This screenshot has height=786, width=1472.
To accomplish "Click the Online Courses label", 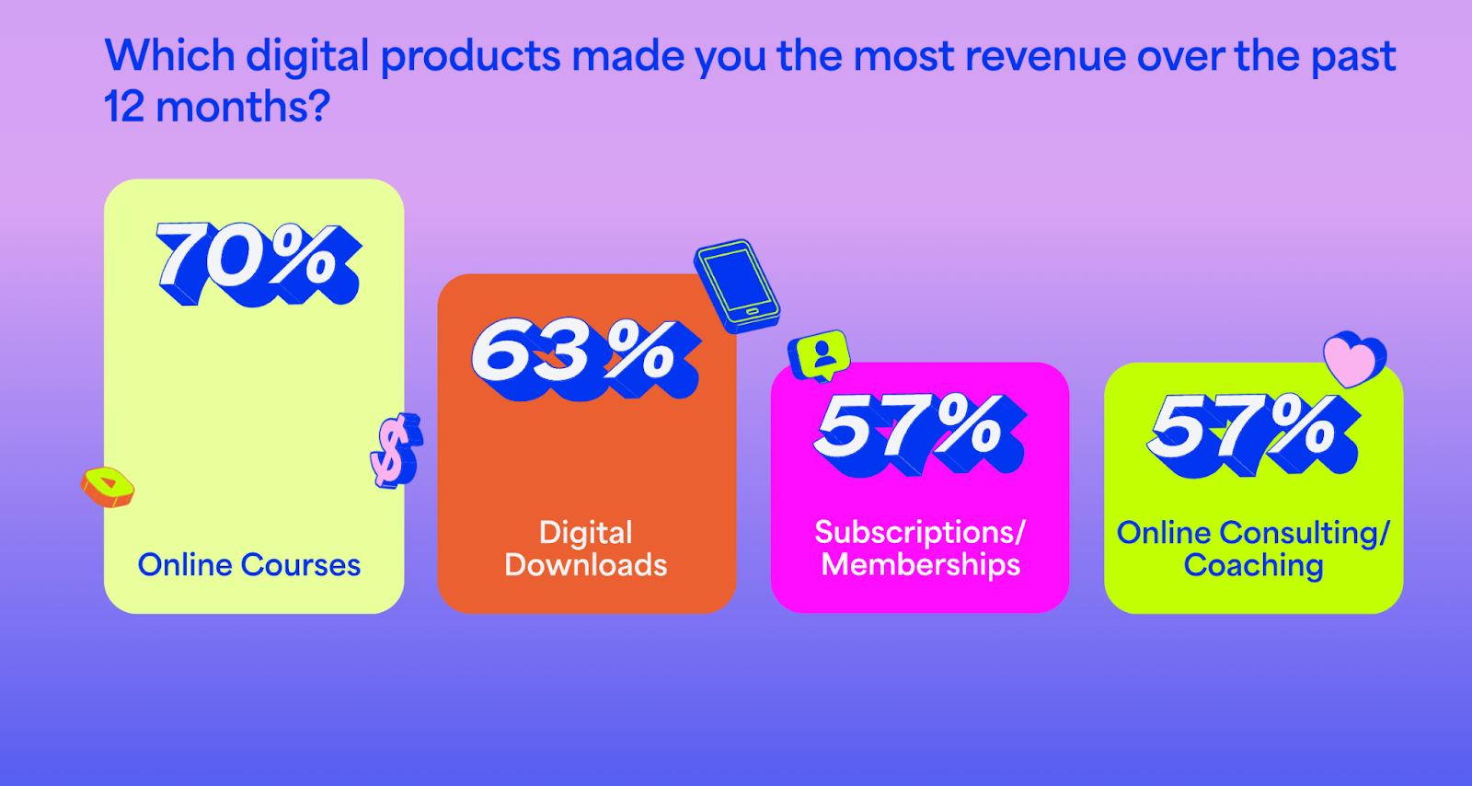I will [249, 564].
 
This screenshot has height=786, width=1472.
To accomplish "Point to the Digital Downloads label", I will [586, 549].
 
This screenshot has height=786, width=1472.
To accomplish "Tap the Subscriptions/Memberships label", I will [920, 548].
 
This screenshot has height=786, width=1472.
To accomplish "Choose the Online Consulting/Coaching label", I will [1253, 549].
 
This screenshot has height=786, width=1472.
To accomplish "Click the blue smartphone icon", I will [737, 285].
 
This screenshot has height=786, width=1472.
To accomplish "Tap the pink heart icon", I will [1351, 358].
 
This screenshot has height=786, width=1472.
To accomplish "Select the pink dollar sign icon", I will [396, 450].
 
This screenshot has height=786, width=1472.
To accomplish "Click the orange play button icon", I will [108, 486].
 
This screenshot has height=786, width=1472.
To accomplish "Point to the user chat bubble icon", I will [820, 355].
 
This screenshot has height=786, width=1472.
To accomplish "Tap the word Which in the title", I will [170, 56].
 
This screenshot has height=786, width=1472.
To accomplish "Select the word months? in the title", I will [243, 107].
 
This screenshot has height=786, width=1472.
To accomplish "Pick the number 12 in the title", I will [124, 107].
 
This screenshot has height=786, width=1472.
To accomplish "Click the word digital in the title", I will [308, 56].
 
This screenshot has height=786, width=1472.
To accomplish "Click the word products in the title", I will [470, 56].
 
